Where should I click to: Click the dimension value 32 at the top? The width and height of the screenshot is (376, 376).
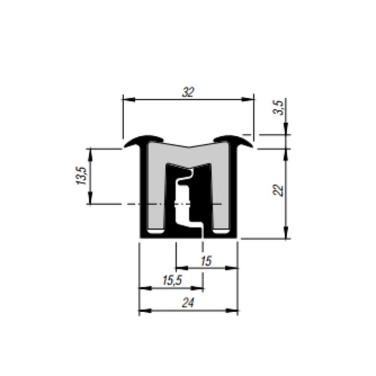[x=188, y=92]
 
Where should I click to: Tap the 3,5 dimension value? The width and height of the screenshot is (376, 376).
[x=279, y=108]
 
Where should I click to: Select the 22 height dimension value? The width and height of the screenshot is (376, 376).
[x=278, y=190]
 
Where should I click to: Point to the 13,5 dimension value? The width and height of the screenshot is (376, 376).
[x=81, y=175]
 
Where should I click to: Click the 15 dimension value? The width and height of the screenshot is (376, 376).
[x=206, y=261]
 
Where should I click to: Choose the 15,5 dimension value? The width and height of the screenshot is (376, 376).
[x=172, y=280]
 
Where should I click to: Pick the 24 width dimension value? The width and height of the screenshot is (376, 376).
[x=188, y=303]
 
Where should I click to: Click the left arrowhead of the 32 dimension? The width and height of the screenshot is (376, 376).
[x=129, y=100]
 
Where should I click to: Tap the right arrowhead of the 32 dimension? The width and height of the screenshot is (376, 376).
[x=248, y=100]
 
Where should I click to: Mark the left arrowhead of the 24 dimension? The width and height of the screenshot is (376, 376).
[x=145, y=311]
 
